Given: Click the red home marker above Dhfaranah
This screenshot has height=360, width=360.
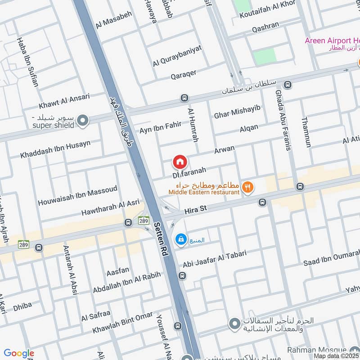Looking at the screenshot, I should (179, 161).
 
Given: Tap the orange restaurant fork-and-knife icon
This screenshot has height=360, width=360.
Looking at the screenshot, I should (247, 187).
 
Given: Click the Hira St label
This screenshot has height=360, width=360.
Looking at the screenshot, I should (195, 210).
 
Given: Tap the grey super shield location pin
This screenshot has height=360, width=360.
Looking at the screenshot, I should (82, 120).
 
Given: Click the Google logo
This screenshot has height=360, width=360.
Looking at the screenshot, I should (18, 353).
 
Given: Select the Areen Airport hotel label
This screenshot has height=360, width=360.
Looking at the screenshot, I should (332, 41).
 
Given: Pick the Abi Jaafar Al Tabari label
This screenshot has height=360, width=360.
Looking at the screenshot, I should (214, 258).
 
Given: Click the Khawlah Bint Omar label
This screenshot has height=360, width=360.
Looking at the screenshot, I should (122, 323).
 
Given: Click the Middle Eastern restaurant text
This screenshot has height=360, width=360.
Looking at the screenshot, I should (204, 192).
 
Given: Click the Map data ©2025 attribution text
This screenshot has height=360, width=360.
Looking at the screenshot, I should (336, 356).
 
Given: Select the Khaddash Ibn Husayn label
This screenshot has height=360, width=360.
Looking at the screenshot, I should (55, 149).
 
